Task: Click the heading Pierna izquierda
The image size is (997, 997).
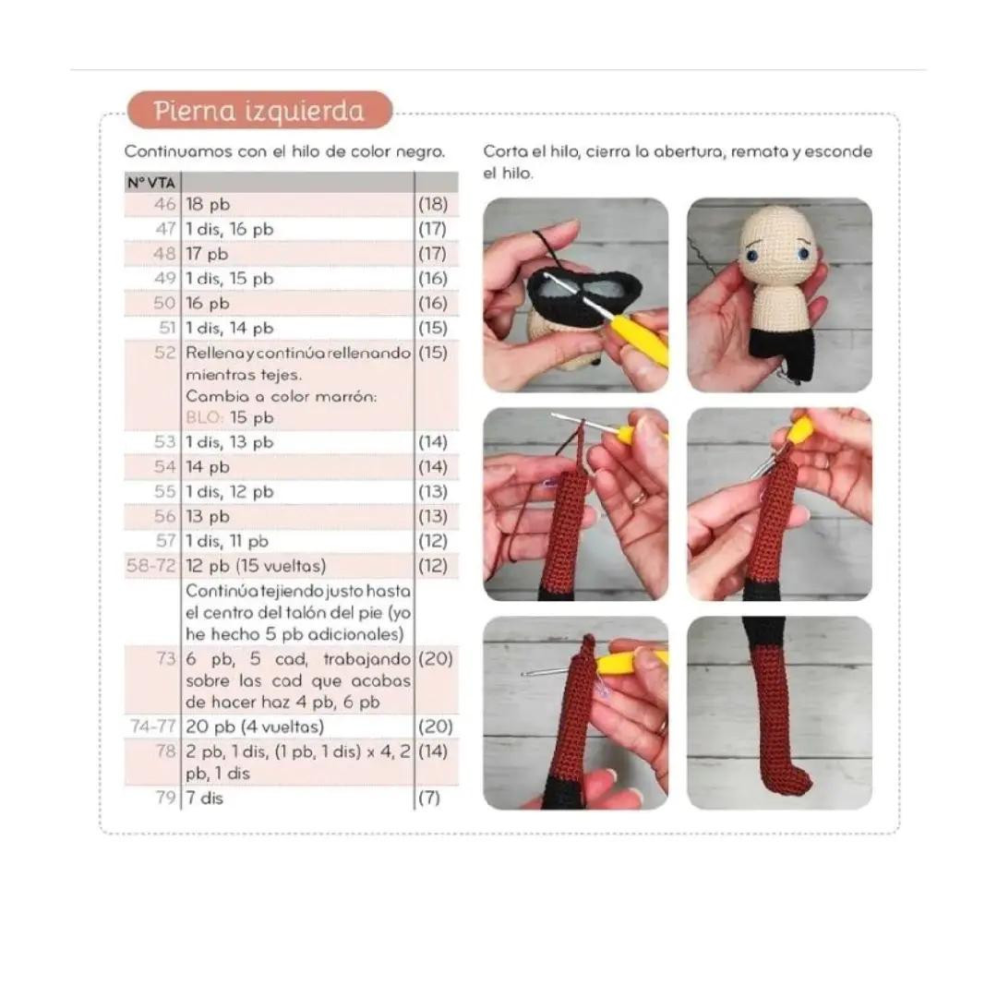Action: (259, 111)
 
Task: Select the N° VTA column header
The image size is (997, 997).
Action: (151, 183)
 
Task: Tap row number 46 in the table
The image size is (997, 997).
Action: (164, 204)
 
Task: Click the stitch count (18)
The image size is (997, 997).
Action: (433, 204)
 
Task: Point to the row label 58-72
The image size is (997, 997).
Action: (150, 565)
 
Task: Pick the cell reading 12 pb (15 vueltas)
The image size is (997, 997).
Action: (256, 566)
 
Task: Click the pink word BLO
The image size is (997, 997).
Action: (203, 418)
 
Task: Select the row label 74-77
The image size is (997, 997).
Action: (152, 727)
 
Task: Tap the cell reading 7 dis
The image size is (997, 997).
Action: (205, 798)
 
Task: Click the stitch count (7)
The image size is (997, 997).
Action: (429, 798)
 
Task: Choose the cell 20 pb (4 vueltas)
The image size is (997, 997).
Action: (255, 727)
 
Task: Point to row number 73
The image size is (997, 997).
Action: (166, 658)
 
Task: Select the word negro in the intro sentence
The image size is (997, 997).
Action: (420, 152)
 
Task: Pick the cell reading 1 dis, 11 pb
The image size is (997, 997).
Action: (227, 541)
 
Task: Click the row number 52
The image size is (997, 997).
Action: (164, 353)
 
